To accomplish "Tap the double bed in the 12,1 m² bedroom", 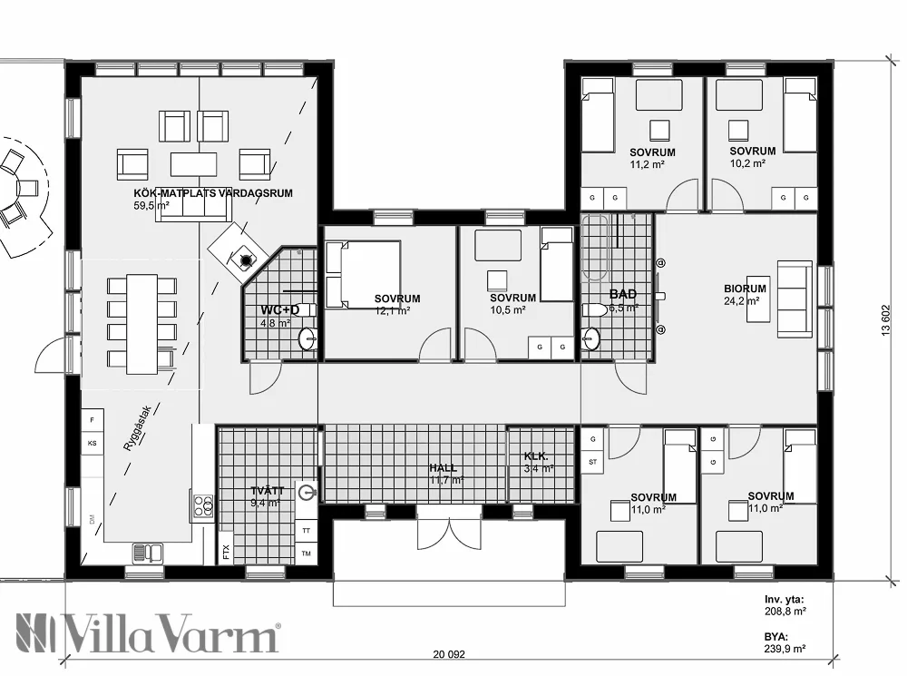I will click(363, 273).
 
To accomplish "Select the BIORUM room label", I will click(745, 289).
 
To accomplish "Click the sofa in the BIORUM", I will click(795, 299).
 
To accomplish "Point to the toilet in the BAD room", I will click(595, 310).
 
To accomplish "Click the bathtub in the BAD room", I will click(597, 248).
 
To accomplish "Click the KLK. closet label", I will click(534, 456).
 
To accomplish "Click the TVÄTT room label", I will click(267, 491).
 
